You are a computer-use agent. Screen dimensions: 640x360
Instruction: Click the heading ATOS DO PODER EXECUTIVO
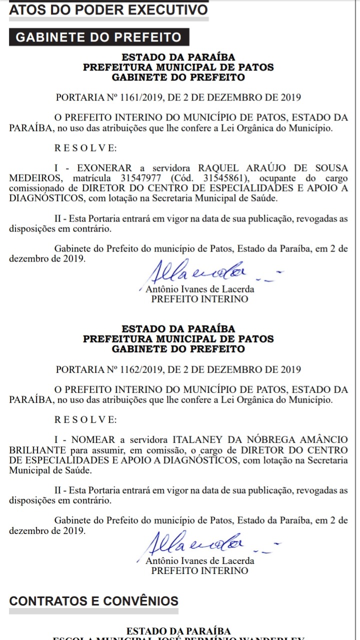point(108,10)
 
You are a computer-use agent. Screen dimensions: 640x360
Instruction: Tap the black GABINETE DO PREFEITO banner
point(98,37)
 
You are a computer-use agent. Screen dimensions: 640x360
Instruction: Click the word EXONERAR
point(105,168)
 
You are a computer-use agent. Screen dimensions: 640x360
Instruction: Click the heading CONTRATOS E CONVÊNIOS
point(94,601)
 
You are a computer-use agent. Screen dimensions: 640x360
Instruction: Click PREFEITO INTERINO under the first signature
point(199,299)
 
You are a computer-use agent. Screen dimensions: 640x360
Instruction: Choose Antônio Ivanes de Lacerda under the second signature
point(199,561)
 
